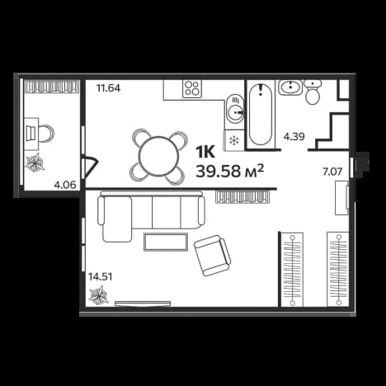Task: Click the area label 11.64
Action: click(x=108, y=88)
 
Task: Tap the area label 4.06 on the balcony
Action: click(x=65, y=185)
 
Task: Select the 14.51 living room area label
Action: click(x=100, y=276)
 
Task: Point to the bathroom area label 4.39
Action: click(x=294, y=136)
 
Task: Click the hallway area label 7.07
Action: click(x=332, y=172)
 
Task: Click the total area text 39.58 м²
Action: click(x=230, y=172)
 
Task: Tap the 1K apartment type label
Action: click(x=205, y=152)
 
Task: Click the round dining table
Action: click(x=158, y=156)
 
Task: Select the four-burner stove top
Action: click(x=192, y=88)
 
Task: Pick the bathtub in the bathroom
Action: click(x=261, y=114)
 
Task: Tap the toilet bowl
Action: click(x=313, y=92)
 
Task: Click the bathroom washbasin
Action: click(x=290, y=87)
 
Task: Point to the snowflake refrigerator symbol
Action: click(x=233, y=140)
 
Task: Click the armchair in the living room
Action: click(x=212, y=256)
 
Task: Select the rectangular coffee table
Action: click(x=166, y=242)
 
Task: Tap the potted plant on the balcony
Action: click(x=35, y=162)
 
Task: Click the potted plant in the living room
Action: click(x=99, y=296)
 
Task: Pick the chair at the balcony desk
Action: click(x=47, y=134)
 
